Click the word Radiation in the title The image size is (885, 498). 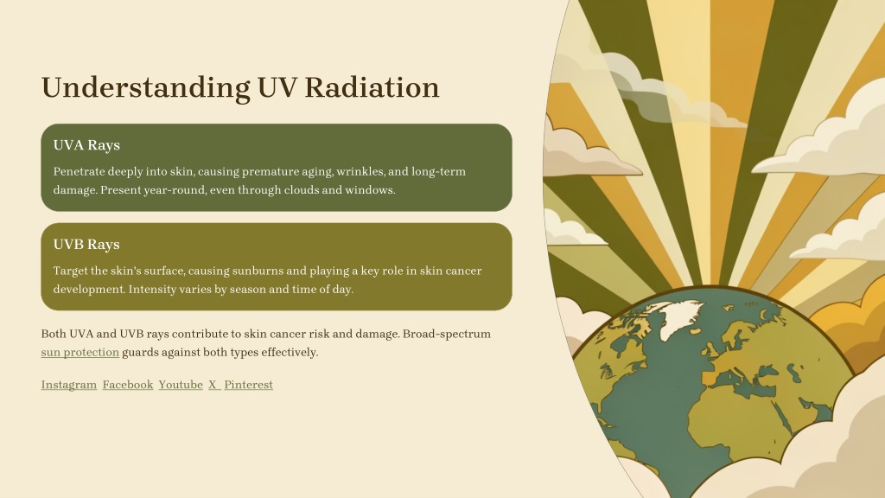(372, 87)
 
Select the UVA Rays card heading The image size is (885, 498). (86, 145)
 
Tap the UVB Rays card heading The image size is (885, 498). (86, 245)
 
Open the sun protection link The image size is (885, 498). (80, 353)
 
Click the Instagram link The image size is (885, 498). (69, 385)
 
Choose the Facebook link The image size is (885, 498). (128, 385)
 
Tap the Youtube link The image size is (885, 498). (181, 385)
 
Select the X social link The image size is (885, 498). (213, 385)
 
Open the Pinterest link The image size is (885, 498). (248, 385)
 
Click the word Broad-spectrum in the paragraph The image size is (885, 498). (447, 335)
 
